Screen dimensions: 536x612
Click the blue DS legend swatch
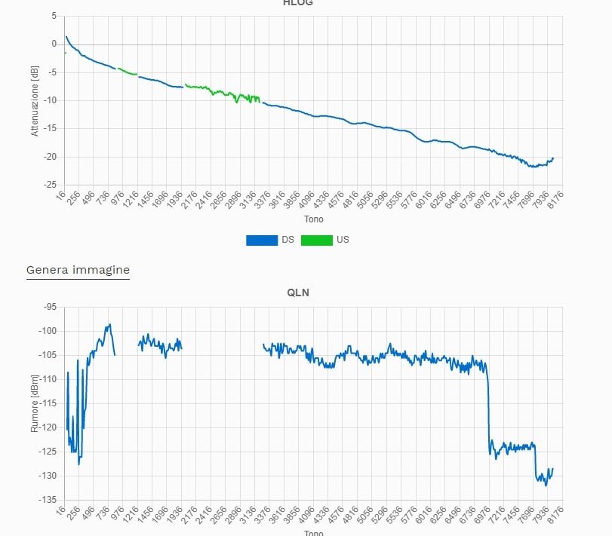click(x=261, y=240)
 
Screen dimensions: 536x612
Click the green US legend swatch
click(x=316, y=240)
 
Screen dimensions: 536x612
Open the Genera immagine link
click(x=78, y=270)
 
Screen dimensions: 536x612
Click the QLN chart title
click(x=298, y=293)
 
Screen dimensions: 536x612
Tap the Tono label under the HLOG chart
click(x=313, y=219)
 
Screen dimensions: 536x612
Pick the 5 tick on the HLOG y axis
click(x=54, y=16)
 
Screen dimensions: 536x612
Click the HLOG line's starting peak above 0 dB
click(x=66, y=36)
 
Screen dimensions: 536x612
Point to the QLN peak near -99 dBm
click(x=109, y=325)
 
